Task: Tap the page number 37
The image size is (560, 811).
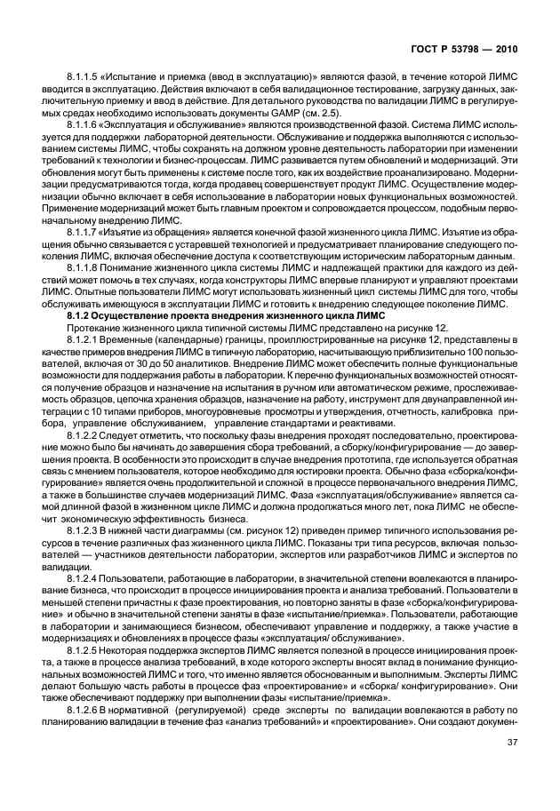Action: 512,767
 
